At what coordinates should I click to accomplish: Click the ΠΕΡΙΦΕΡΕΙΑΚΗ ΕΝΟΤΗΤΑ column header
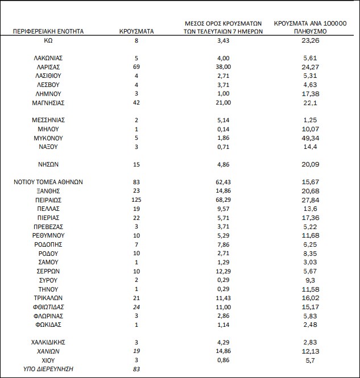[48, 32]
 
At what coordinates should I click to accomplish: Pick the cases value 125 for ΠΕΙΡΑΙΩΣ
[137, 200]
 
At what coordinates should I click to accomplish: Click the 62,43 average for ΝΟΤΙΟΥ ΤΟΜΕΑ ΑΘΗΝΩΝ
[223, 182]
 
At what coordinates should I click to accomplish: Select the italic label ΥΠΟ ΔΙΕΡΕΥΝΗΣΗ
[48, 369]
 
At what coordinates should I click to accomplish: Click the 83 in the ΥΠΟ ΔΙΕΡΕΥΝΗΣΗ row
[137, 369]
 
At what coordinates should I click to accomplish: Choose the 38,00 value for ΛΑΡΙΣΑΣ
[223, 67]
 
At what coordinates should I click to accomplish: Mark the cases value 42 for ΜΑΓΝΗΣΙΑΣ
[137, 102]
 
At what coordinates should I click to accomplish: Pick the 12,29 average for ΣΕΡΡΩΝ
[223, 271]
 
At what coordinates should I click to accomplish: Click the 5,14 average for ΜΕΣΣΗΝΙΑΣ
[223, 120]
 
